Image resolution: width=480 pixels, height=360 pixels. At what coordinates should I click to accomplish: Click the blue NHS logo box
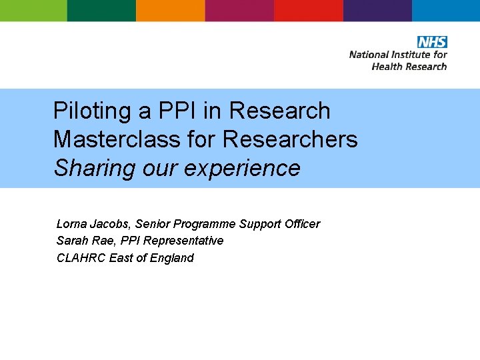coord(432,42)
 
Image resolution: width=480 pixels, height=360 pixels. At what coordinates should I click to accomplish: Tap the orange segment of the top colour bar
coord(171,11)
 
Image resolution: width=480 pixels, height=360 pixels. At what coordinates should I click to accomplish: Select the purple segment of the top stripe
coord(377,11)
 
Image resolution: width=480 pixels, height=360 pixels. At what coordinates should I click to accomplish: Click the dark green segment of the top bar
coord(101,11)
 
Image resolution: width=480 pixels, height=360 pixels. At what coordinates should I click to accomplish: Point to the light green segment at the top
coord(33,11)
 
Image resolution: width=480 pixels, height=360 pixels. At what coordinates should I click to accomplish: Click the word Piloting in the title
coord(93,111)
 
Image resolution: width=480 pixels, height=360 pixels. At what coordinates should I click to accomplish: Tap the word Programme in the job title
coord(204,224)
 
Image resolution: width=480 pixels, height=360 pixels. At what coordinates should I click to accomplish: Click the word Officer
coord(302,224)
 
